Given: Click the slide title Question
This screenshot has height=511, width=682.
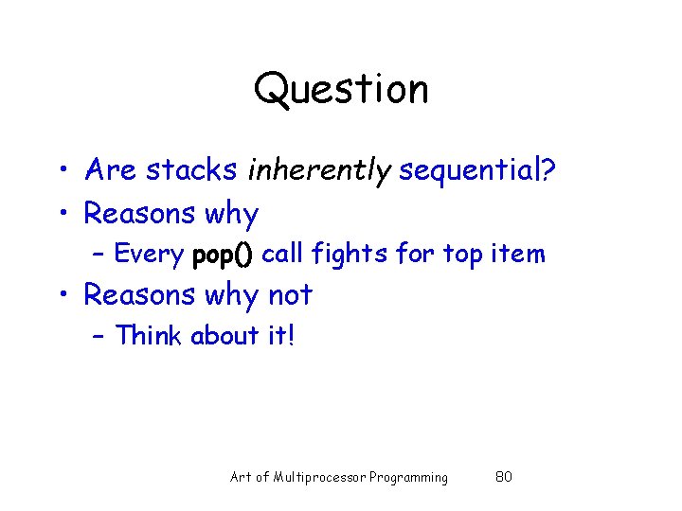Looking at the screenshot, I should tap(341, 90).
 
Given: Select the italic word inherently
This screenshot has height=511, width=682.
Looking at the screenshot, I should tap(319, 170).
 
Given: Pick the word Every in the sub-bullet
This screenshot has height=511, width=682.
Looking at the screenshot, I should tap(149, 254).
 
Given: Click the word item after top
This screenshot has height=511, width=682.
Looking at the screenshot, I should tap(520, 254).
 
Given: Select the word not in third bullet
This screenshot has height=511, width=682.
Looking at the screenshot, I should tap(289, 295).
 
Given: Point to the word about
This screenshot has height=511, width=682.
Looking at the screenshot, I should tap(224, 336).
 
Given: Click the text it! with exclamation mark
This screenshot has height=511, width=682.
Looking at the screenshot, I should tap(280, 336).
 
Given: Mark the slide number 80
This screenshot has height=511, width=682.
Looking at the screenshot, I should tap(504, 477).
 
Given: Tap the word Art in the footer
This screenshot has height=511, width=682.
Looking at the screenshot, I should tap(242, 477).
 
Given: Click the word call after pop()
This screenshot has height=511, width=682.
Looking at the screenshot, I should tap(284, 254).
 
